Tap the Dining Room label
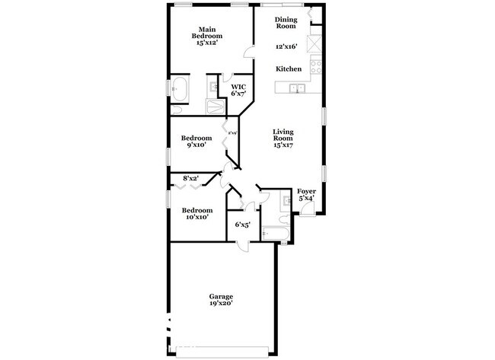pos(286,22)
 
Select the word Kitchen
pos(289,69)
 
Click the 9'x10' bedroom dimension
pos(196,145)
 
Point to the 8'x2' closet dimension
pos(190,178)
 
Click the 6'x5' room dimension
pos(242,225)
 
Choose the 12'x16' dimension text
pos(286,46)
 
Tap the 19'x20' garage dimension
pos(221,303)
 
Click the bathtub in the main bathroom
pos(181,89)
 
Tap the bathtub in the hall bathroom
pos(273,233)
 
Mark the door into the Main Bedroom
pos(249,51)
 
